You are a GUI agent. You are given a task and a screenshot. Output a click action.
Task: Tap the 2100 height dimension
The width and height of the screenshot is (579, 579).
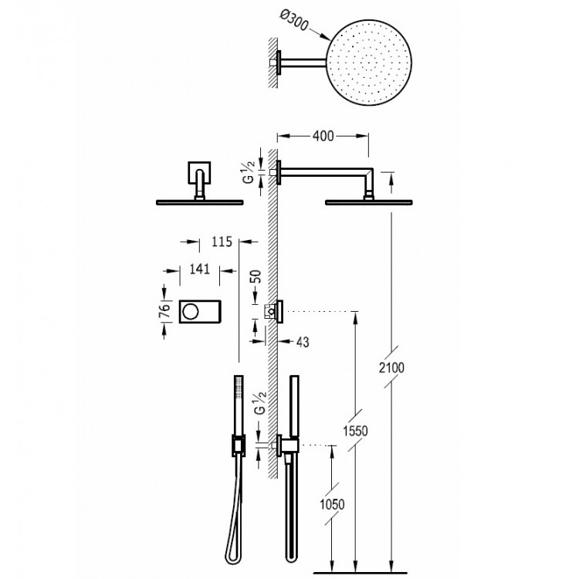pyautogui.click(x=392, y=370)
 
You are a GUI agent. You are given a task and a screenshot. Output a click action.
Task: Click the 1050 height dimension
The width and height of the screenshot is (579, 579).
pyautogui.click(x=331, y=503)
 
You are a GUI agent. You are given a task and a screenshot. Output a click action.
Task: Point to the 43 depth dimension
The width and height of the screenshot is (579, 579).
pyautogui.click(x=302, y=340)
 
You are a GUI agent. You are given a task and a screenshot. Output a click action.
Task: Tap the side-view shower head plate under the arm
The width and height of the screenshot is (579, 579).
pyautogui.click(x=368, y=203)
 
